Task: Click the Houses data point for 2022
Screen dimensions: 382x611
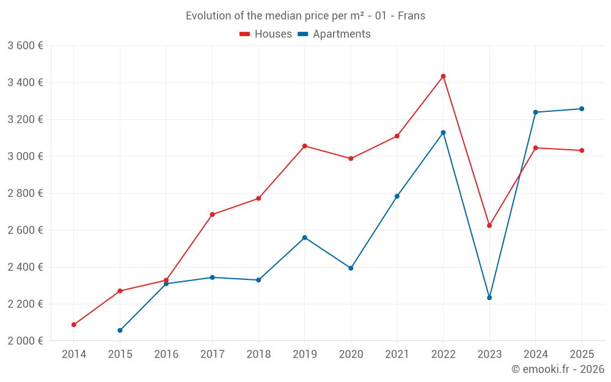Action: [443, 76]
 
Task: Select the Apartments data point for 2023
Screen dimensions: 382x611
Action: [489, 298]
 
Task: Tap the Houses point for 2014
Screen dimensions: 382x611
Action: [74, 325]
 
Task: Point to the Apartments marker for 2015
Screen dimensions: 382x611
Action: [120, 331]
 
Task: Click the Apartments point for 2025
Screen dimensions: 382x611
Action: [582, 109]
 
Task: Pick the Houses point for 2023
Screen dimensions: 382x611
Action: [489, 226]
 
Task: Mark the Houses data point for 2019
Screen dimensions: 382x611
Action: [305, 146]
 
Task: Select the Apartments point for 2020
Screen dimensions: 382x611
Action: [351, 268]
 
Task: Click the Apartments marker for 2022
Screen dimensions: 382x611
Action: [443, 133]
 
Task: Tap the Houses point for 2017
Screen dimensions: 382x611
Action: [212, 215]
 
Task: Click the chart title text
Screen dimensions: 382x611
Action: [305, 16]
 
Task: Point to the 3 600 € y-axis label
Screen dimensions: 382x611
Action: [25, 46]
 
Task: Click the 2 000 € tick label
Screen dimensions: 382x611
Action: [25, 341]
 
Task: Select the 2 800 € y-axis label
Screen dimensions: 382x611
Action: [25, 193]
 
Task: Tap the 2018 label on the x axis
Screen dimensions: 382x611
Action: [258, 354]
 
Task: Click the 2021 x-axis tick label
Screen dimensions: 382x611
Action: [397, 354]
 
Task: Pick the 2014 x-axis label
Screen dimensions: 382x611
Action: [74, 354]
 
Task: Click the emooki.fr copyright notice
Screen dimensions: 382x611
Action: [557, 369]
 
